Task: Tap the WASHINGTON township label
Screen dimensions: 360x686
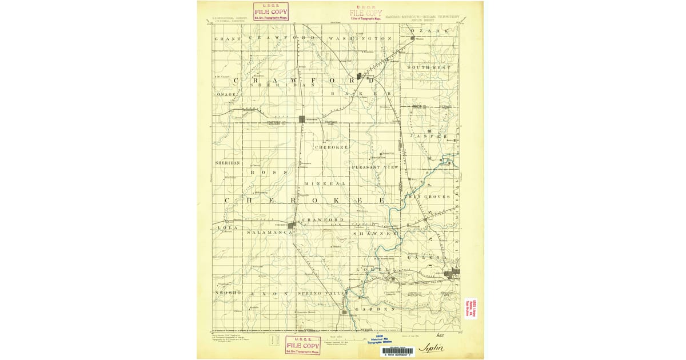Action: (360, 38)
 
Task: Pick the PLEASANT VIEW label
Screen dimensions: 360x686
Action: (374, 167)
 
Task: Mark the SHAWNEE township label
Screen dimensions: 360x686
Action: (374, 233)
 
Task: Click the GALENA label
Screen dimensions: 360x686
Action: (424, 258)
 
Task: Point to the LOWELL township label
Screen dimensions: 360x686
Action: (372, 269)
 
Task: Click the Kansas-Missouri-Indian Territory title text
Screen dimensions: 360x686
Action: (422, 17)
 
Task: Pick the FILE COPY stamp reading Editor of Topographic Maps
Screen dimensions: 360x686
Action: (366, 13)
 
